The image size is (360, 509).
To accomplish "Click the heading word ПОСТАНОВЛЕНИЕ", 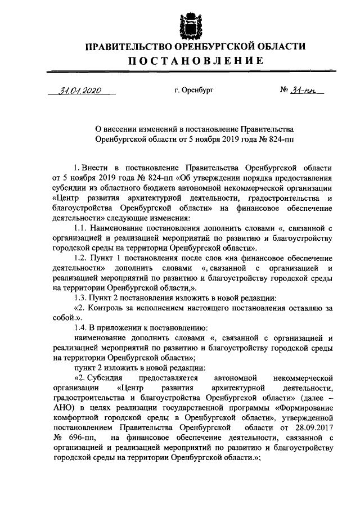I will pos(187,61).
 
